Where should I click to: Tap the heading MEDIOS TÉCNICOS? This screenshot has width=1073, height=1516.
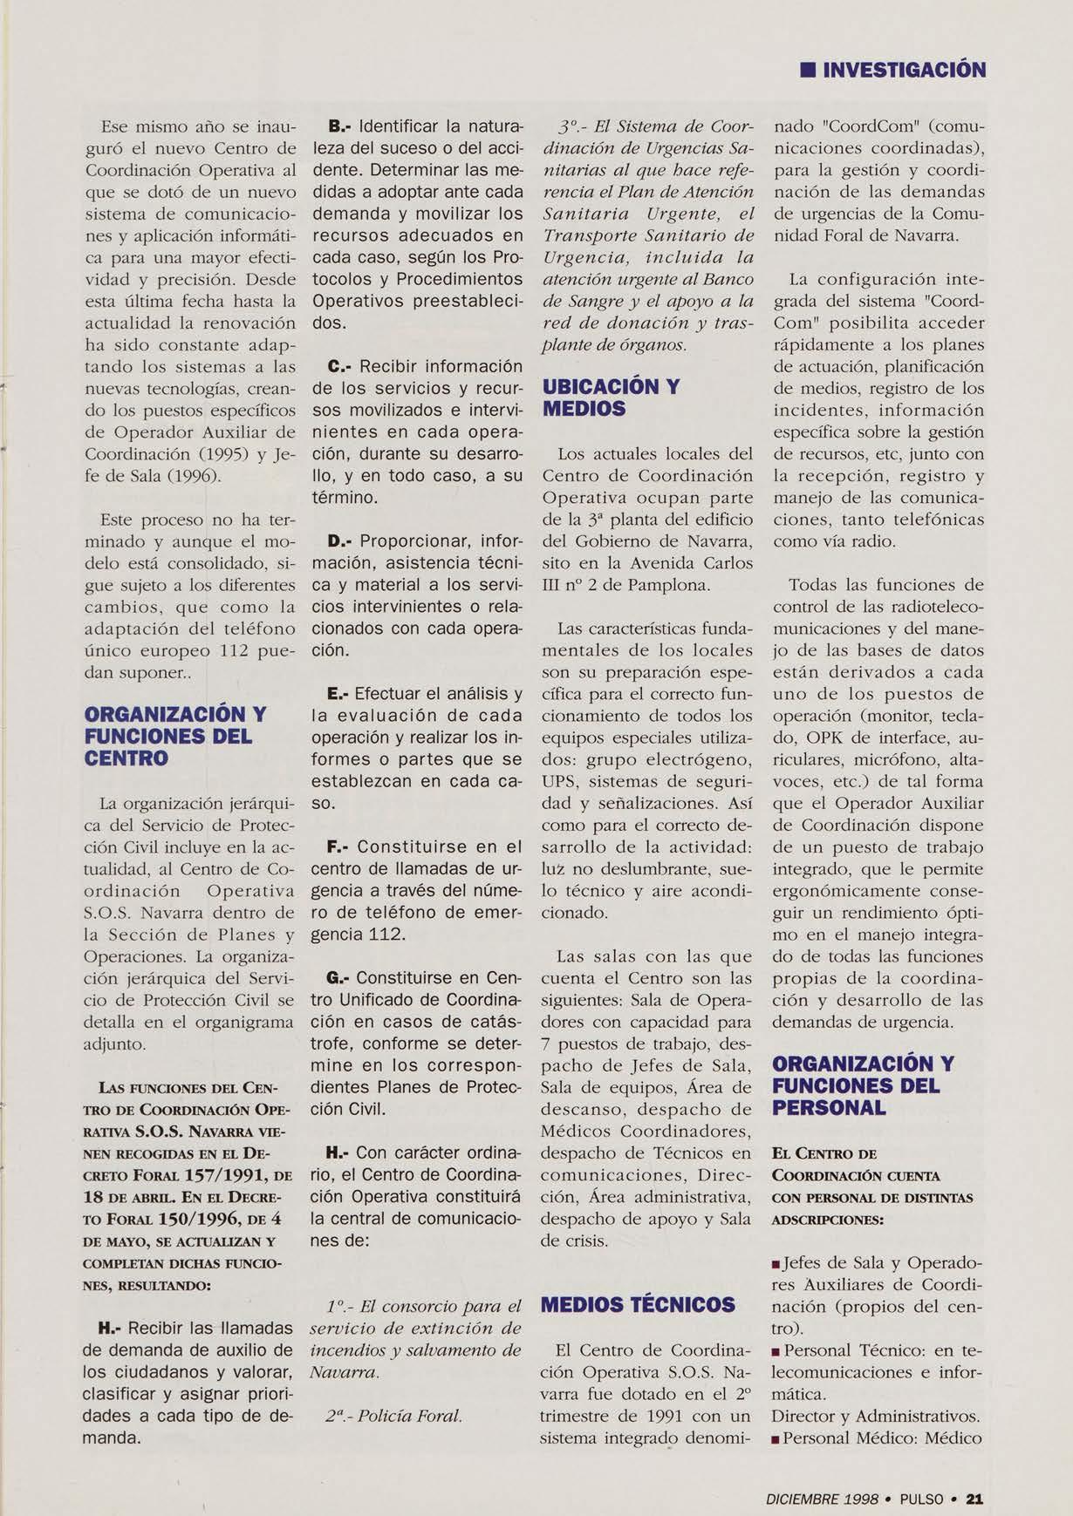pyautogui.click(x=638, y=1305)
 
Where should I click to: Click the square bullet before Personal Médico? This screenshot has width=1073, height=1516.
pyautogui.click(x=776, y=1439)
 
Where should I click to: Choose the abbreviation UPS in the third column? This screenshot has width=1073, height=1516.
pyautogui.click(x=560, y=781)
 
